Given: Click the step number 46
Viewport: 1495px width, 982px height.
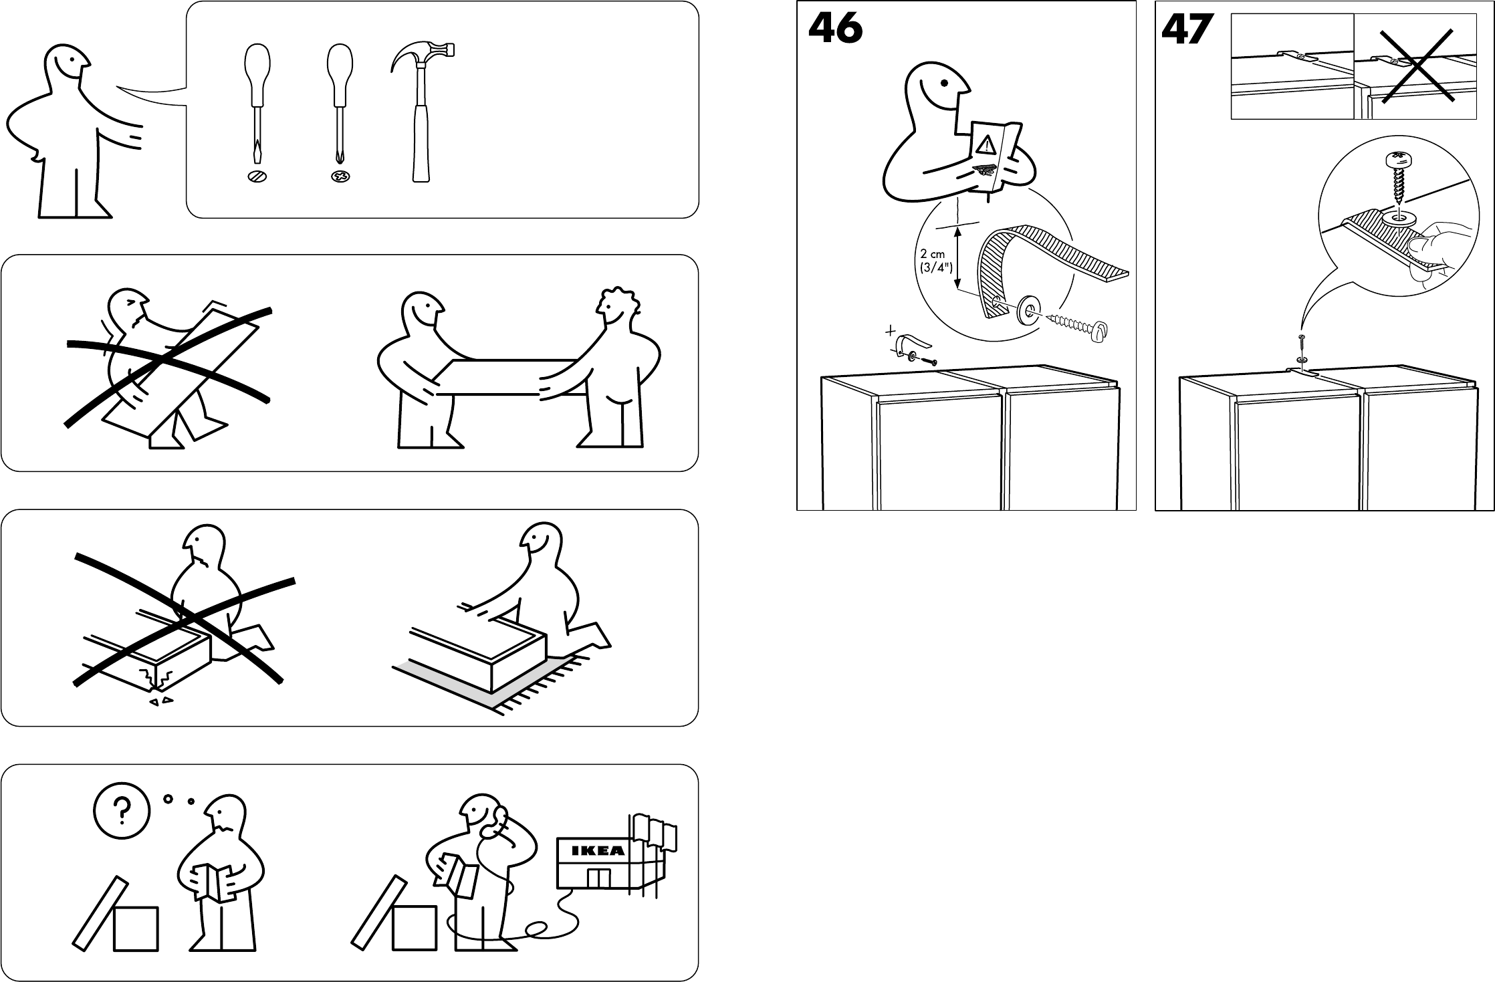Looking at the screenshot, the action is click(835, 30).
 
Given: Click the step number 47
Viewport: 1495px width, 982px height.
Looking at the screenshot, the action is click(1187, 31).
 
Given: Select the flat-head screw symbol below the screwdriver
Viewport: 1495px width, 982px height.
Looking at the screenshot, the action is click(256, 177).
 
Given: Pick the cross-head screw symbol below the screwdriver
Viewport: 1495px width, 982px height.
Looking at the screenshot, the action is click(341, 177).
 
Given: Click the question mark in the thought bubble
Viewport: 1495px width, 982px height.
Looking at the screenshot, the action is click(121, 812).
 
